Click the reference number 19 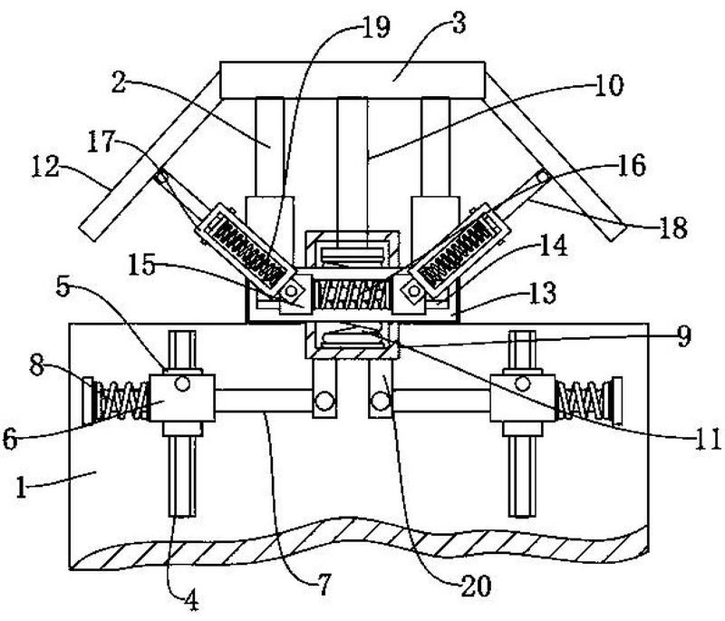pos(375,27)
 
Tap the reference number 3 pos(459,24)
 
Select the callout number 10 pos(608,86)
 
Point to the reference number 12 pos(45,167)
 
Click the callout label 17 pos(101,141)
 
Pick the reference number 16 pos(632,166)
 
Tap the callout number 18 pos(672,228)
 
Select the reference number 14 pos(553,245)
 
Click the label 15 pos(141,266)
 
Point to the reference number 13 pos(542,293)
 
